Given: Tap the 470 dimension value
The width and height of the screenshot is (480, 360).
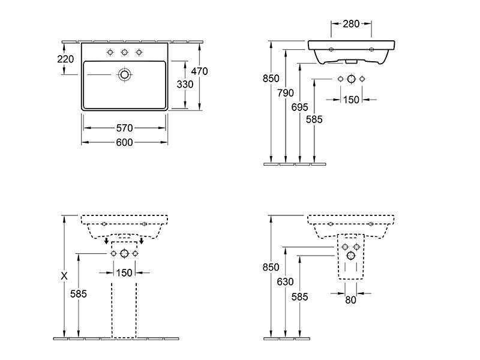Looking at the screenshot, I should coord(199,71).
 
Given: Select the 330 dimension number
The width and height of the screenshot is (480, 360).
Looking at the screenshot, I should coord(185,85).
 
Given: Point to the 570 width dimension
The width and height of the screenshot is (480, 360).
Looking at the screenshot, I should coord(124,128).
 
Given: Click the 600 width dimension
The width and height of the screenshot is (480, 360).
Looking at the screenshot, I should coord(124,142).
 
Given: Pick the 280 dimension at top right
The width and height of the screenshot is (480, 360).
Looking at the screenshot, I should coord(351,24).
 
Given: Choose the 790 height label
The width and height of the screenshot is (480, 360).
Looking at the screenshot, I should coord(286,93).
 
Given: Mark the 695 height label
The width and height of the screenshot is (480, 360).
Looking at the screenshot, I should coord(300,106).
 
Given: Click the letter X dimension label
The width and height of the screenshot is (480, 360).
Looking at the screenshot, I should coord(65,276).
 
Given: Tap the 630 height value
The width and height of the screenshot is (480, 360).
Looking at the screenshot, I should coord(286,280).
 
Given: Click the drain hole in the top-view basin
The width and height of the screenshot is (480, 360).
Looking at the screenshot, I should coord(124,74).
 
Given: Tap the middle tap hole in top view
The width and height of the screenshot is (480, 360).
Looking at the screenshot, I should coord(124,52).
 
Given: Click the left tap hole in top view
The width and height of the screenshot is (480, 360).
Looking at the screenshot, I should coord(110,52).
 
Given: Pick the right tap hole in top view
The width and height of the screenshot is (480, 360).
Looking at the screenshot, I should coord(139,52).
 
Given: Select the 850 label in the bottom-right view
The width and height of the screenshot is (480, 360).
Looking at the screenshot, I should coord(272,267).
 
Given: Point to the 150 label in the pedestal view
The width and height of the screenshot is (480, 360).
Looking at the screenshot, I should coord(124,273).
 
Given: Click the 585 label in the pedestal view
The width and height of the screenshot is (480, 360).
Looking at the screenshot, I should coord(79,294).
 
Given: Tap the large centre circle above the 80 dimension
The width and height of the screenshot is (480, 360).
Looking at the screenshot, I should coord(351,256).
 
